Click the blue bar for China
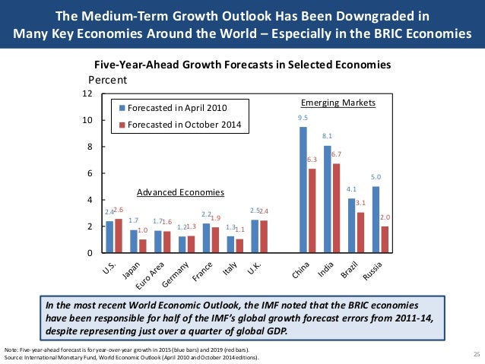[303, 189]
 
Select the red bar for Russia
[385, 239]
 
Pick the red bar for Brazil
[360, 232]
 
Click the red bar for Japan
[142, 245]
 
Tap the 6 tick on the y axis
[90, 173]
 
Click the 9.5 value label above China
[303, 119]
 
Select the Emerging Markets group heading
[328, 102]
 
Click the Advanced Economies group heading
[175, 192]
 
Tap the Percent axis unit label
[108, 79]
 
